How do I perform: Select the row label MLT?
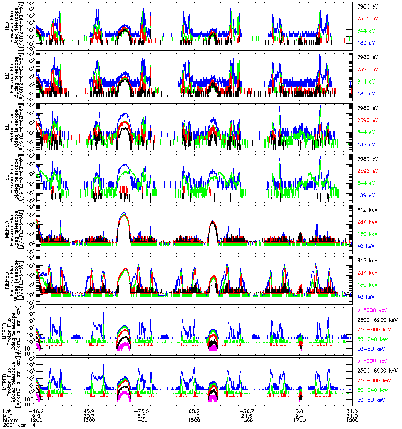[7, 415]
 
